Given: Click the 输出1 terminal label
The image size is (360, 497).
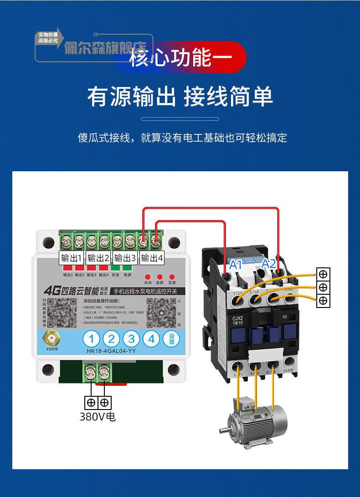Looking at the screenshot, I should coord(71,258).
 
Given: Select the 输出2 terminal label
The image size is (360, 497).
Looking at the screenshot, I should coord(98,258).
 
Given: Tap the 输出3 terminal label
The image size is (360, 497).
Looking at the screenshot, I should coord(125,258).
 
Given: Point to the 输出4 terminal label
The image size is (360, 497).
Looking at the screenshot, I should coord(152,258).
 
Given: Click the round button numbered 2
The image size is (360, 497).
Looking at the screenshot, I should coord(111,339).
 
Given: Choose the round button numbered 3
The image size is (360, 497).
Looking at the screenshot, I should coord(131,339).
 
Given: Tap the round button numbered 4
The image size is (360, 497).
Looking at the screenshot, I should coord(151,339).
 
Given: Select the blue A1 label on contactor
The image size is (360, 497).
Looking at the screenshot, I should coord(235,264).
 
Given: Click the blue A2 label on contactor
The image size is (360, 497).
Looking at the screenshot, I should coord(268,263).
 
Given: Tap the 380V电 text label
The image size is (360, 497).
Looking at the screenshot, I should coord(98,416).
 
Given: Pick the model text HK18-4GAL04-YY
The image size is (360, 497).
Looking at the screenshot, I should coord(111,351).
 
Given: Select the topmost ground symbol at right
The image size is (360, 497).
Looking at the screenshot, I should coord(323,274).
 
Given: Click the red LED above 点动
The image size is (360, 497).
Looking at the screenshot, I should coord(147,277).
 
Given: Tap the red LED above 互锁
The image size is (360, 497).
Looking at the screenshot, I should coord(172,277).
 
